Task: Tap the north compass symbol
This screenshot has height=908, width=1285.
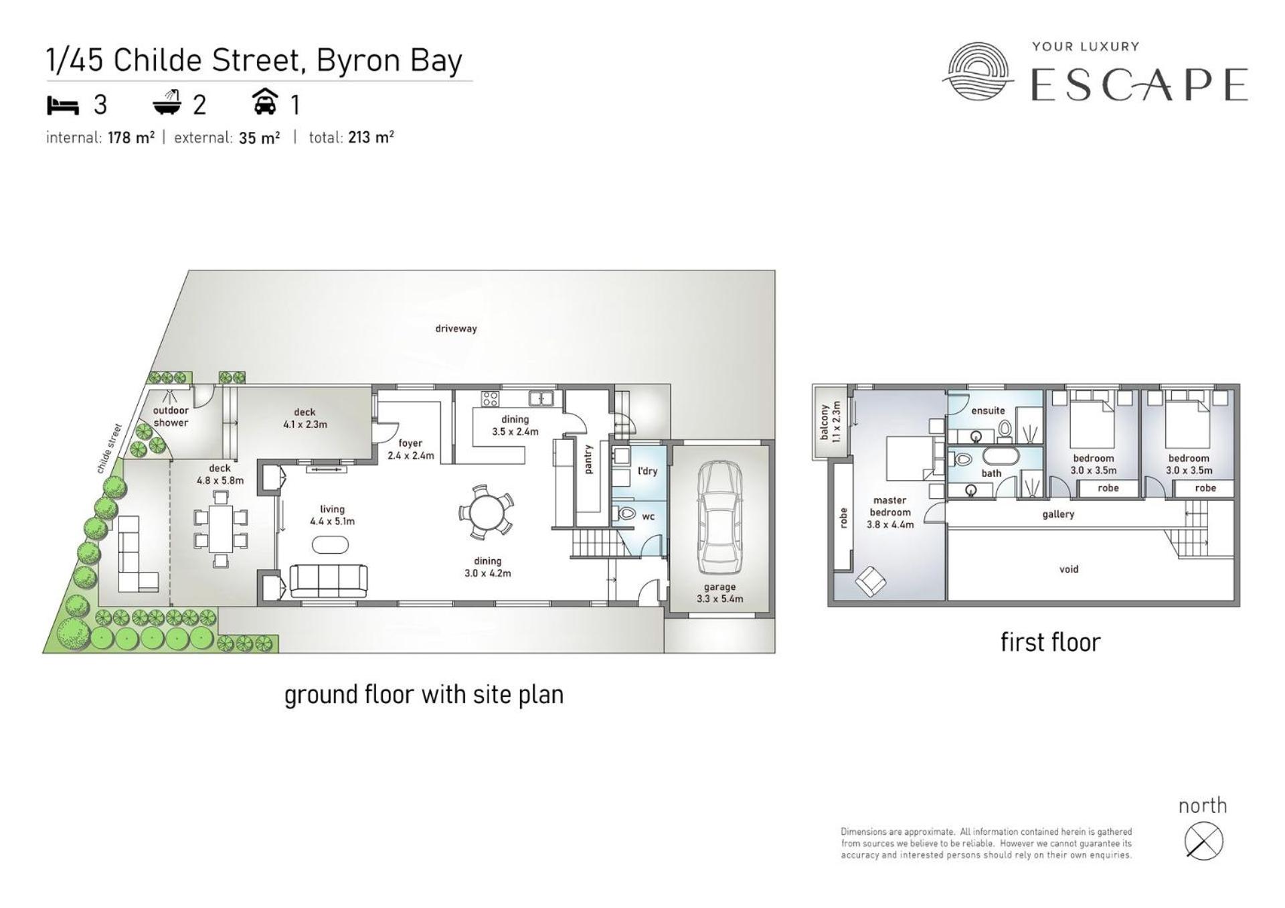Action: (1203, 840)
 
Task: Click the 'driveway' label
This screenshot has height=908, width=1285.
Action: (456, 328)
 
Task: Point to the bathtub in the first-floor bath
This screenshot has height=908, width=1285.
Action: (1001, 456)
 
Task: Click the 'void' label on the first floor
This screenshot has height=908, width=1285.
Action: (1068, 569)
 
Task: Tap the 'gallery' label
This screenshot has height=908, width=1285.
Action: (1058, 514)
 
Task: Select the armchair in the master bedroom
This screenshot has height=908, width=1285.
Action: (870, 581)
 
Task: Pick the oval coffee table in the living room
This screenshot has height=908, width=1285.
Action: (331, 545)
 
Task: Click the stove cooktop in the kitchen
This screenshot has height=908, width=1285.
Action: (490, 399)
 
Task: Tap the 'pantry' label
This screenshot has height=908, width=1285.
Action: (589, 459)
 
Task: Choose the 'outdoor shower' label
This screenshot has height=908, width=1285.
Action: (171, 417)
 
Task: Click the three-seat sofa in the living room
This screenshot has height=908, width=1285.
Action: (329, 581)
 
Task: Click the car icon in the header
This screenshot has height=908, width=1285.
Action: (265, 102)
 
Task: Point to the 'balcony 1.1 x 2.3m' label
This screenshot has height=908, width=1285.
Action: (831, 423)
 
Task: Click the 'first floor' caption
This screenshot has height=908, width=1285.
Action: (1050, 642)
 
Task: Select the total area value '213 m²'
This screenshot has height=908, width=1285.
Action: (371, 137)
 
